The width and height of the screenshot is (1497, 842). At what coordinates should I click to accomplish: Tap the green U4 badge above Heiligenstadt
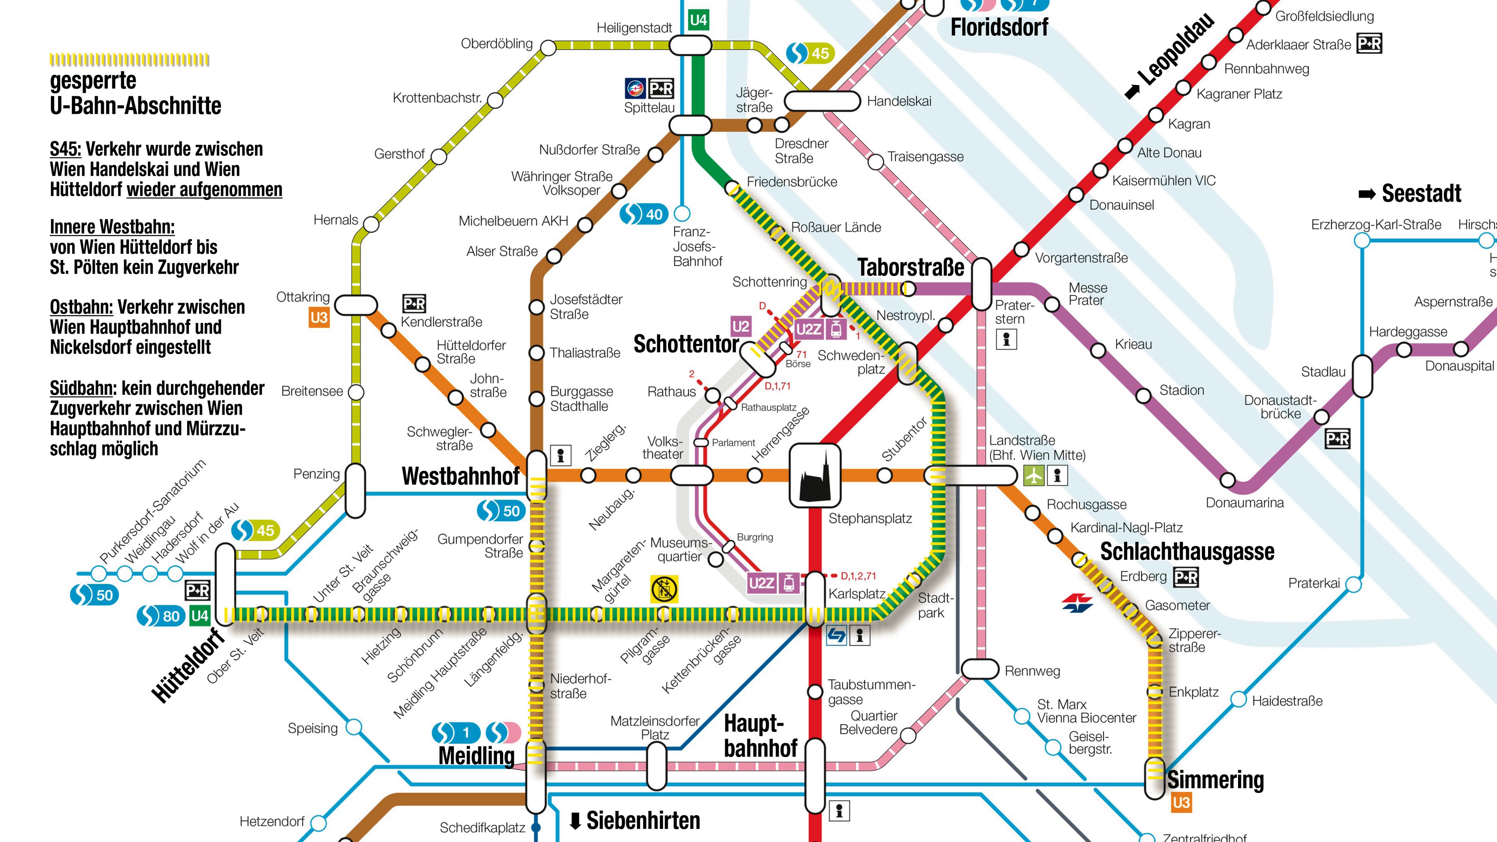tap(698, 20)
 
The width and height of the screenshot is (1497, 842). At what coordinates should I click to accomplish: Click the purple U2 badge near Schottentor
tap(740, 327)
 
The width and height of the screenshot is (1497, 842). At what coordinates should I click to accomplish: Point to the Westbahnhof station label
tap(460, 476)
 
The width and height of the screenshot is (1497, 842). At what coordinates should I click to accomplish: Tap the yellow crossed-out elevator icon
tap(664, 589)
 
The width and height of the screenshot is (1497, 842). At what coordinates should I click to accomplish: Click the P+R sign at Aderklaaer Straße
tap(1369, 43)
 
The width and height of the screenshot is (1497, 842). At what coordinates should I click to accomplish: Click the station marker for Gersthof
tap(439, 156)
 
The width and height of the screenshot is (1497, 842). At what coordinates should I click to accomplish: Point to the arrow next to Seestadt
tap(1367, 195)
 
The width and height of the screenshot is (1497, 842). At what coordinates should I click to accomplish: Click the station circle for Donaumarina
tap(1228, 480)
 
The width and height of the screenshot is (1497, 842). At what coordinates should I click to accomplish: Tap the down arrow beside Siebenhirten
tap(575, 821)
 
